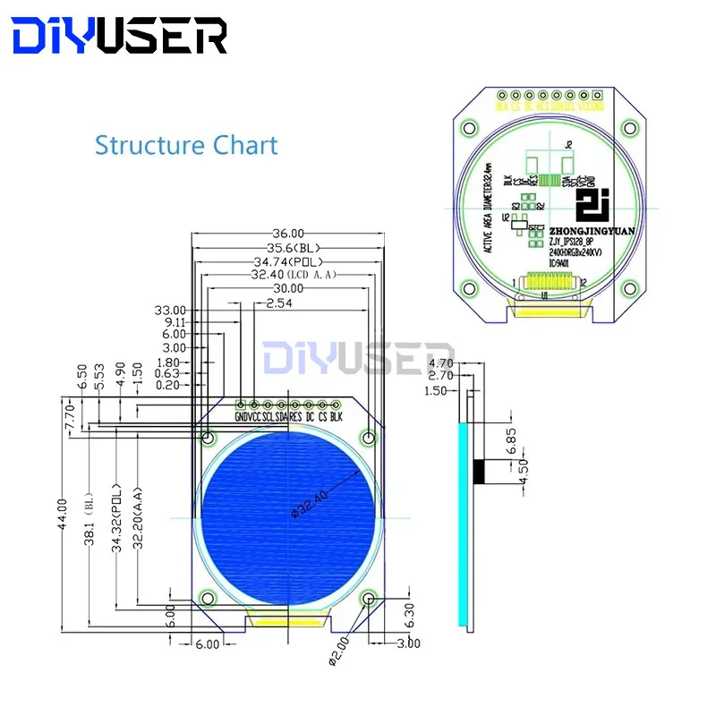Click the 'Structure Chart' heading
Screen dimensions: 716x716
point(186,145)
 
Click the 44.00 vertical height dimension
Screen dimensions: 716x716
point(63,516)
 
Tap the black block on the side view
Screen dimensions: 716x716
point(481,471)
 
